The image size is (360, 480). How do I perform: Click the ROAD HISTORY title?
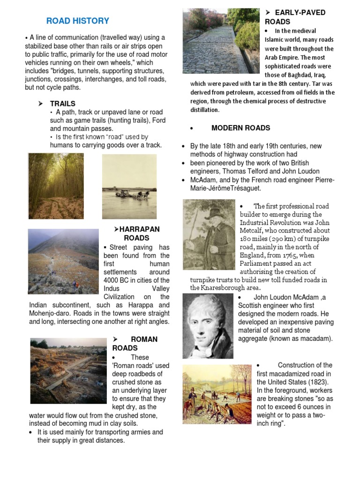(x=77, y=21)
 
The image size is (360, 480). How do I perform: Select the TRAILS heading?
(x=63, y=104)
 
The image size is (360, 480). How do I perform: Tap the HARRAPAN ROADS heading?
(x=136, y=233)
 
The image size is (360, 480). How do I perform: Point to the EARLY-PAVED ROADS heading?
(x=295, y=17)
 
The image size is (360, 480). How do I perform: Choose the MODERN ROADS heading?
(x=240, y=128)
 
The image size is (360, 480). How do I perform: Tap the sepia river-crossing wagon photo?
(x=129, y=187)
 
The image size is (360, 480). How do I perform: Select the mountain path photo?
(x=63, y=261)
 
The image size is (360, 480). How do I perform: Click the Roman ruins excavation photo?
(x=68, y=370)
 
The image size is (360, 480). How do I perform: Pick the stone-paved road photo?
(x=221, y=41)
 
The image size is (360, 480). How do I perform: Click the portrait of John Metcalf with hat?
(x=209, y=234)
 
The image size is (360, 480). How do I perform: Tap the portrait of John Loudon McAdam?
(x=208, y=325)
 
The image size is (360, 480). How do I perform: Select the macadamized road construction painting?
(x=217, y=394)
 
